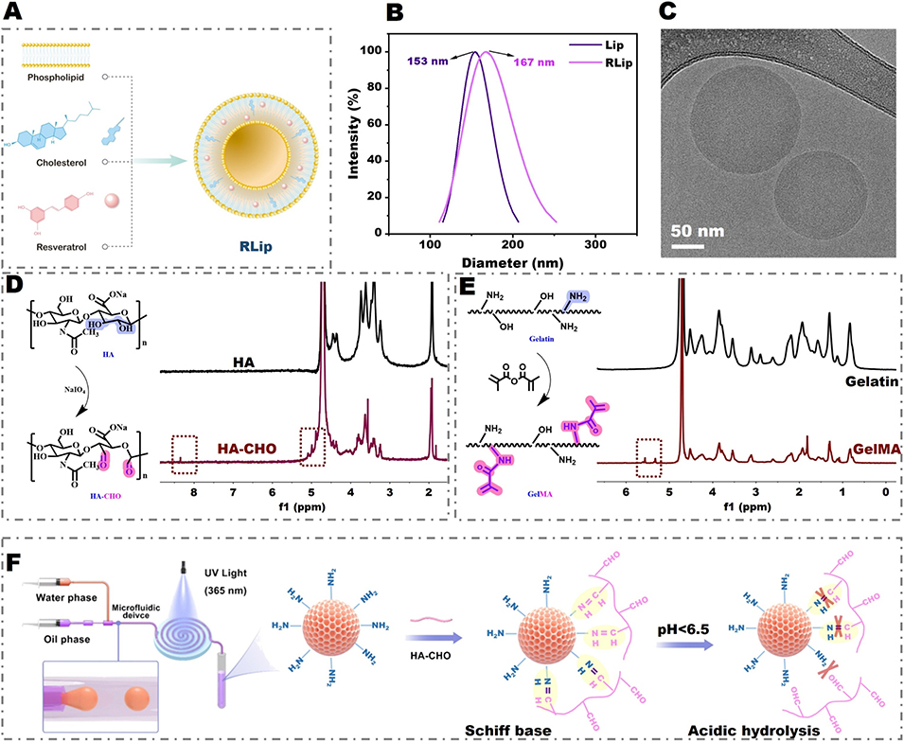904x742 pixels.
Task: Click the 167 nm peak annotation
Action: point(534,62)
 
